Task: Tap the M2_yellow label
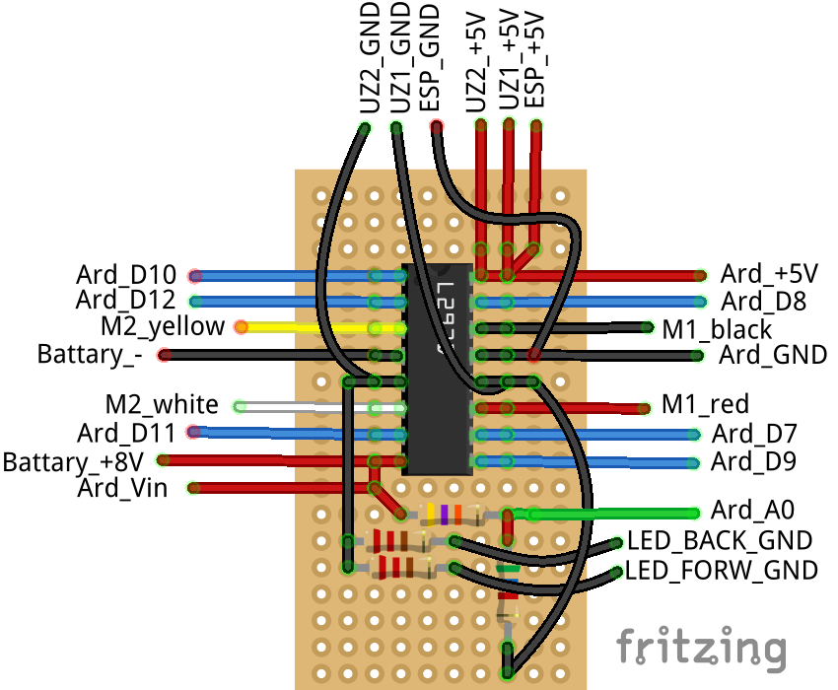coord(162,325)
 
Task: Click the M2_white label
coord(162,404)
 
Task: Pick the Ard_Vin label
coord(121,487)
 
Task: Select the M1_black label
coord(717,327)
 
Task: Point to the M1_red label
coord(705,404)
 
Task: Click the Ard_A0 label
coord(752,510)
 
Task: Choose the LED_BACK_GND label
coord(720,540)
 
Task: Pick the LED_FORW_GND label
coord(722,570)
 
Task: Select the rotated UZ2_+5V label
coord(477,61)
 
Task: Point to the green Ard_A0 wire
coord(611,513)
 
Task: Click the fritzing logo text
coord(702,648)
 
